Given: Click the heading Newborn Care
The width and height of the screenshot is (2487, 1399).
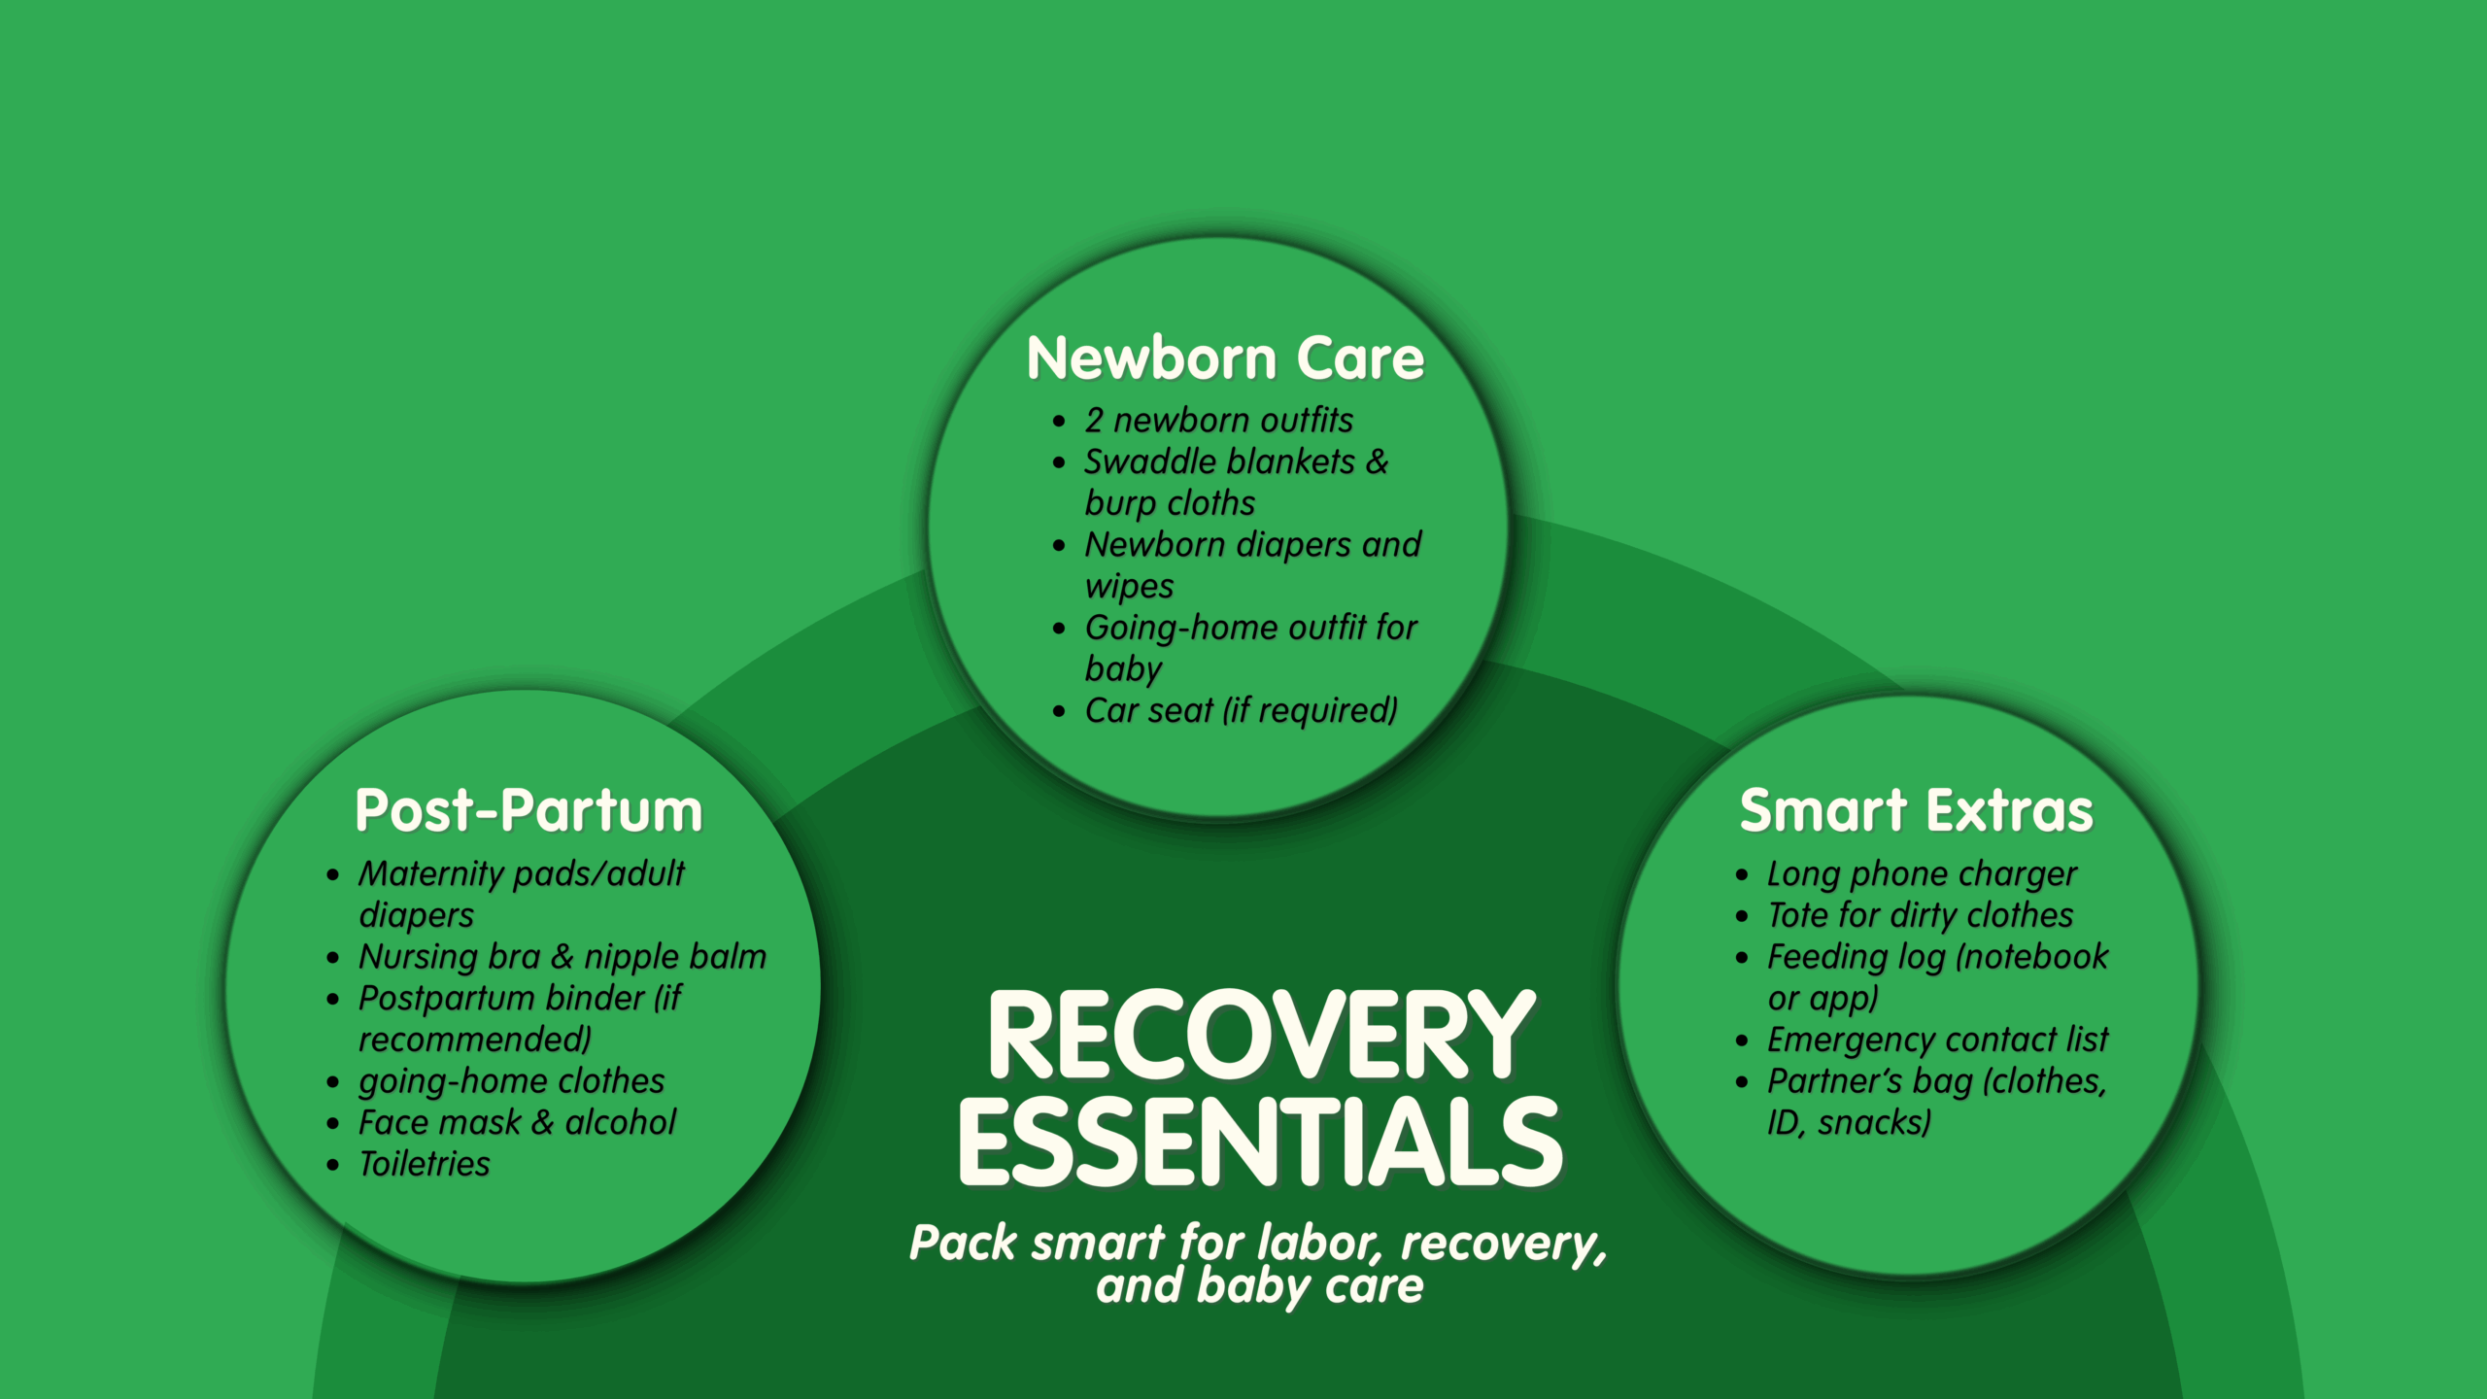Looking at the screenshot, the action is pos(1225,358).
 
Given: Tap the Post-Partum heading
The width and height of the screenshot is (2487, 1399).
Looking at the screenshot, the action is pos(528,810).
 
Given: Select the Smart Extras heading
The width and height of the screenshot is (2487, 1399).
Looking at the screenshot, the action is pos(1916,810).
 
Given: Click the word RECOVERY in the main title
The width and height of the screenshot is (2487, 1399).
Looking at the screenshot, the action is pos(1262,1036).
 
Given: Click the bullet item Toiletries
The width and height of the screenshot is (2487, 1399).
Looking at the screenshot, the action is pos(425,1164).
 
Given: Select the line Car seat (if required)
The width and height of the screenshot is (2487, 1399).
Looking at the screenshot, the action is pos(1242,711).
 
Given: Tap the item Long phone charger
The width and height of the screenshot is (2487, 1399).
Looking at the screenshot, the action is pos(1922,874).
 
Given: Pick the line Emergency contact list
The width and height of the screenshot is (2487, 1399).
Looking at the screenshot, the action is pos(1937,1041).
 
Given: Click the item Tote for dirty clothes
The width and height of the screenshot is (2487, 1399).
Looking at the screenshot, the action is pos(1920,915).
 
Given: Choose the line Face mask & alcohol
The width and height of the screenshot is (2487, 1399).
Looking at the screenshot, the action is pos(517,1123).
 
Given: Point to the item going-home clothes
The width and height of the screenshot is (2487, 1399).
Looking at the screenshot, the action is pos(512,1082).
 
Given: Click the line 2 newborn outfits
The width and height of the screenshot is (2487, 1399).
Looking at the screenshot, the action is pos(1218,421).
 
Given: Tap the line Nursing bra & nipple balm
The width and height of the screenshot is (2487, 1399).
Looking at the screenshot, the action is pos(562,958).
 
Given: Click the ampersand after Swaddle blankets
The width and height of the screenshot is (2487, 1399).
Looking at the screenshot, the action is pos(1377,462).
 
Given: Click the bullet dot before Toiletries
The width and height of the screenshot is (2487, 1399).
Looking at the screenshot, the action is pos(333,1165).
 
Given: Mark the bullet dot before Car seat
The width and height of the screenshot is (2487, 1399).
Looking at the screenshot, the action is pos(1059,712).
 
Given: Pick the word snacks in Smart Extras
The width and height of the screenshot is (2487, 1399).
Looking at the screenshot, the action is pos(1874,1124).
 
